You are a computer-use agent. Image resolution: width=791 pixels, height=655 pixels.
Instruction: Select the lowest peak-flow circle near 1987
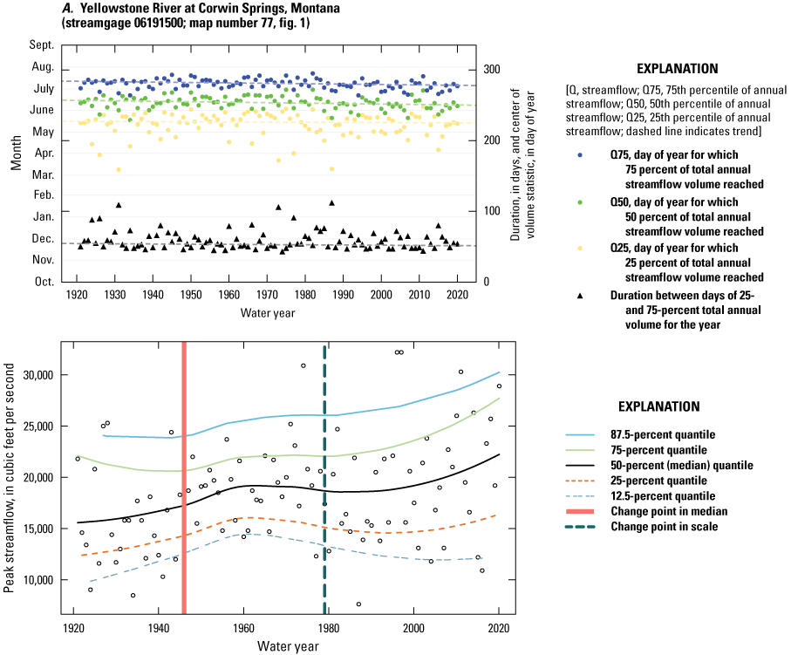click(358, 604)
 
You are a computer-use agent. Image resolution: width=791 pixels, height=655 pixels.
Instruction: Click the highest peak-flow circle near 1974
click(303, 365)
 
